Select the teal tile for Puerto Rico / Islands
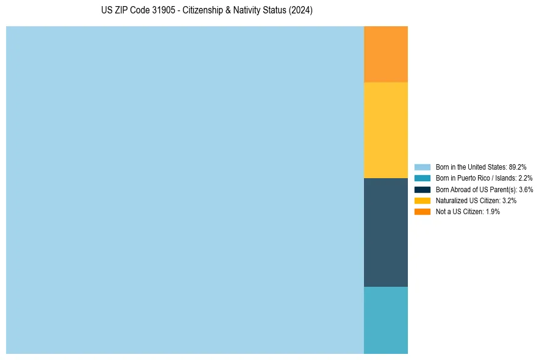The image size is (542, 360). click(x=385, y=320)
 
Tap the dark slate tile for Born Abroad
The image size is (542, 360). click(x=385, y=232)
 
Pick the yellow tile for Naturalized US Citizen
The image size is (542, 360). click(x=385, y=130)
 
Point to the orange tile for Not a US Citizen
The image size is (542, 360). click(x=385, y=54)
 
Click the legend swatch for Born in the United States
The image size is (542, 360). click(x=422, y=167)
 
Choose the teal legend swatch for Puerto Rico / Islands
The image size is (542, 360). click(x=422, y=178)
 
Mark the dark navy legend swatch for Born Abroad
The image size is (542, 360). click(x=422, y=189)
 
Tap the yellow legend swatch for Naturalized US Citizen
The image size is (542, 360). click(x=422, y=200)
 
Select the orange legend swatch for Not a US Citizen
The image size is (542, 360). click(x=422, y=212)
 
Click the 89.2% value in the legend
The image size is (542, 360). click(x=517, y=167)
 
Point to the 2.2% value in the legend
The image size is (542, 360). click(x=525, y=178)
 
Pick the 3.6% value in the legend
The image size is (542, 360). click(x=526, y=189)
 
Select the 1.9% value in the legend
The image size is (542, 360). click(x=493, y=212)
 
